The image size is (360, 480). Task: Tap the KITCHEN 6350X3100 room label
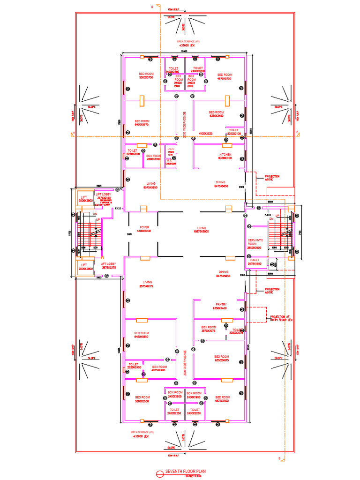point(225,156)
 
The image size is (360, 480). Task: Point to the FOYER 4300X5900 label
point(144,229)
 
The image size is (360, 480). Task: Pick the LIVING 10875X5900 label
point(202,229)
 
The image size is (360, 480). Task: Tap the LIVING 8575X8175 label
point(146,284)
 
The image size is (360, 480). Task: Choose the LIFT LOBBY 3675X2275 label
point(108,266)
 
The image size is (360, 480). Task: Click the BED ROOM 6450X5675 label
point(142,123)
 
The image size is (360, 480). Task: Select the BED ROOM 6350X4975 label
point(221,359)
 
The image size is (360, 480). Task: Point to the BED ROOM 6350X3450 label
point(216,114)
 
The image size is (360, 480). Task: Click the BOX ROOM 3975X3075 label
point(209,329)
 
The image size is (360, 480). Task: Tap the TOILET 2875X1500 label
point(255,262)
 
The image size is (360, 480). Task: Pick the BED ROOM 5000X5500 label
point(141,399)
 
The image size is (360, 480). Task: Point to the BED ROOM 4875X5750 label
point(225,76)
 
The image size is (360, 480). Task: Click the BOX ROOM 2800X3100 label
point(153,157)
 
